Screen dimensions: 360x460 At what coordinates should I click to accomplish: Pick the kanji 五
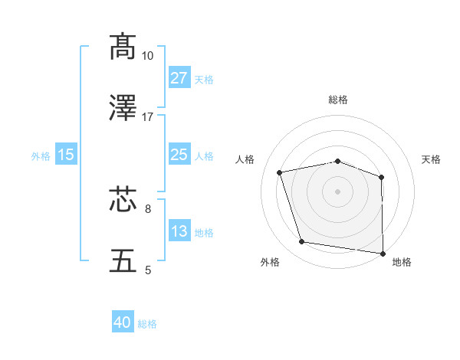point(124,260)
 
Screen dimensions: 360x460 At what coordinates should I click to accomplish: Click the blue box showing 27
point(179,78)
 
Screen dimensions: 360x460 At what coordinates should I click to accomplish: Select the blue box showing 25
point(179,155)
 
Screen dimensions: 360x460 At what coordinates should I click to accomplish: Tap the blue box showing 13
point(179,231)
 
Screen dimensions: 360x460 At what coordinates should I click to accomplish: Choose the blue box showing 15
point(66,155)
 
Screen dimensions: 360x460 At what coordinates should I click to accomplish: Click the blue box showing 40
point(123,323)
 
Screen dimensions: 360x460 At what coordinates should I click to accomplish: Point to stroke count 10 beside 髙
point(148,56)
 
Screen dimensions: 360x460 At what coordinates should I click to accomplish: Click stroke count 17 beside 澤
point(148,117)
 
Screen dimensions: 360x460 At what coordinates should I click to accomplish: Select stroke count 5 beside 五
point(148,270)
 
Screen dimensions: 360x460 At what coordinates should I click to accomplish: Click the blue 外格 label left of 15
point(41,156)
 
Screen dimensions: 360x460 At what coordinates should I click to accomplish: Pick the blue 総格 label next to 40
point(148,324)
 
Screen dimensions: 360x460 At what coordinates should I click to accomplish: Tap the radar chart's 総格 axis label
point(338,100)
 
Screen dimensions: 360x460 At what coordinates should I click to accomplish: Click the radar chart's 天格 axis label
point(432,159)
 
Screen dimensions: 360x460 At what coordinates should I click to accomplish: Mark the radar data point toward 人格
point(280,172)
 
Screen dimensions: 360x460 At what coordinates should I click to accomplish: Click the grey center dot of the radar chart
point(338,191)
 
